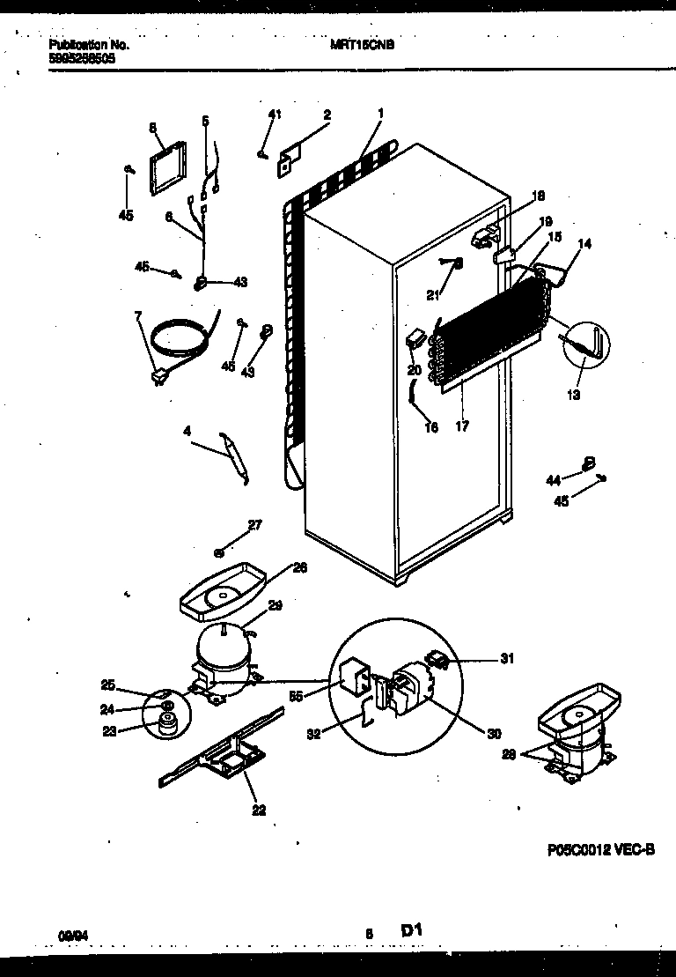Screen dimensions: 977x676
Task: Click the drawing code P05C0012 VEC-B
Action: point(602,849)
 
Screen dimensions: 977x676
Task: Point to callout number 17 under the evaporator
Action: point(462,427)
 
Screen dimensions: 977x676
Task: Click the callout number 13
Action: point(573,395)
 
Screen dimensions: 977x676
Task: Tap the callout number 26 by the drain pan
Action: point(300,569)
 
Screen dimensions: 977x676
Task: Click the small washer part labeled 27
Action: point(219,552)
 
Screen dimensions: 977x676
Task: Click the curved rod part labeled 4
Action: point(236,457)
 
